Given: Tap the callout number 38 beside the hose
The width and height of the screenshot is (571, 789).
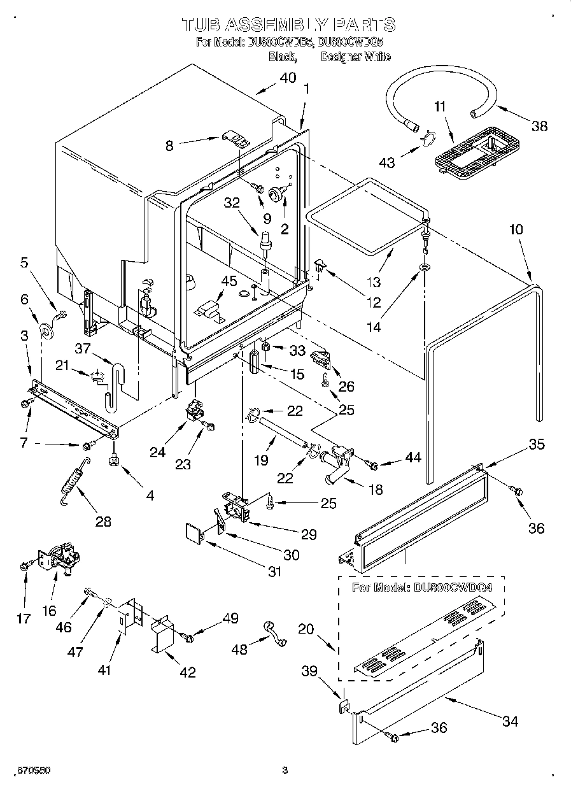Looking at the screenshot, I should [539, 125].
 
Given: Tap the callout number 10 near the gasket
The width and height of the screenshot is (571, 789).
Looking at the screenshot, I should [516, 229].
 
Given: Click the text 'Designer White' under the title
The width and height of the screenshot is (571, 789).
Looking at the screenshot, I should [355, 57].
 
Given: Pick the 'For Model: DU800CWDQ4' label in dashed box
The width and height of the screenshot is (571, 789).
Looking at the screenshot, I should [422, 587].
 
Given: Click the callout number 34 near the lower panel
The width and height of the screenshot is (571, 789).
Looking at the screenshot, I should [510, 721].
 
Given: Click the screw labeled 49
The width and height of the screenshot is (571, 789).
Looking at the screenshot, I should [188, 636].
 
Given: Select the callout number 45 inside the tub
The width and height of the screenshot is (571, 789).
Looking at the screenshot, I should [228, 281].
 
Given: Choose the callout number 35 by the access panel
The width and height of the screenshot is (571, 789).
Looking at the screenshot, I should [537, 444].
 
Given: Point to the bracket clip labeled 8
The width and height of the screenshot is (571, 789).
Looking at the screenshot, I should [233, 139].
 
